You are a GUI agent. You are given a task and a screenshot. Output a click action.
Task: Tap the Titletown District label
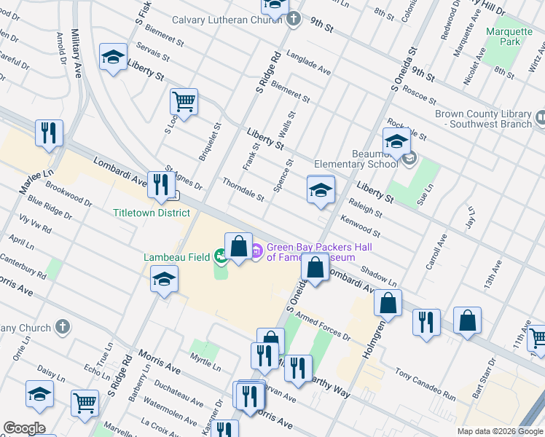pos(152,213)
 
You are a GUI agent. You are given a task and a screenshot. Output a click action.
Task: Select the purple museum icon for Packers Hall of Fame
pos(256,252)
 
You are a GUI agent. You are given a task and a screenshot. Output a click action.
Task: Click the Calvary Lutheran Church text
pos(226,20)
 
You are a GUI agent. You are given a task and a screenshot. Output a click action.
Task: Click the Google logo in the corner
pos(24,428)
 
